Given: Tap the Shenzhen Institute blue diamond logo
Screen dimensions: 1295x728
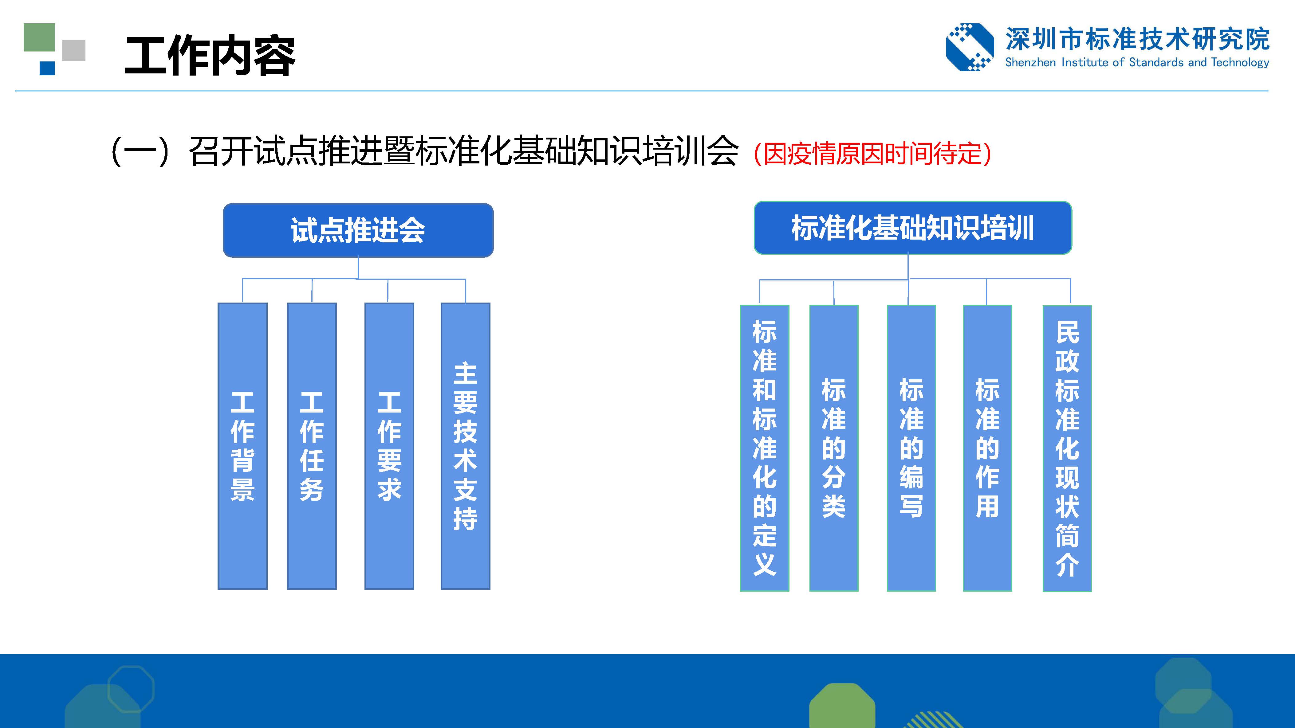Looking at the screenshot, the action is point(970,47).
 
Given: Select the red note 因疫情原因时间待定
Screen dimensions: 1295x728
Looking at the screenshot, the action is point(872,153).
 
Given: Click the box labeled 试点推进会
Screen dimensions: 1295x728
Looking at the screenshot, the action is point(358,230).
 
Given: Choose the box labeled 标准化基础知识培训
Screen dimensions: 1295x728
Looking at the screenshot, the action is point(912,228).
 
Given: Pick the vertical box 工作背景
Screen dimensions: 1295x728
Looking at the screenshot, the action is point(242,446).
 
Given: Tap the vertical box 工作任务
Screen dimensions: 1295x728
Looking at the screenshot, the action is point(312,446).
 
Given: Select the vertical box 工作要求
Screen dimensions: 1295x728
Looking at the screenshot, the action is point(389,446).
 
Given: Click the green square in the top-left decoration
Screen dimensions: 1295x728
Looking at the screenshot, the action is point(39,37).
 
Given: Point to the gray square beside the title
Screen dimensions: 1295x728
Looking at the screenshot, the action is point(74,50).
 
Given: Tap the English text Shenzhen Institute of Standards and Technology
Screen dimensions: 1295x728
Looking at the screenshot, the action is point(1137,63).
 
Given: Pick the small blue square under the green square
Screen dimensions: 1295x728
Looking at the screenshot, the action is point(47,68).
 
